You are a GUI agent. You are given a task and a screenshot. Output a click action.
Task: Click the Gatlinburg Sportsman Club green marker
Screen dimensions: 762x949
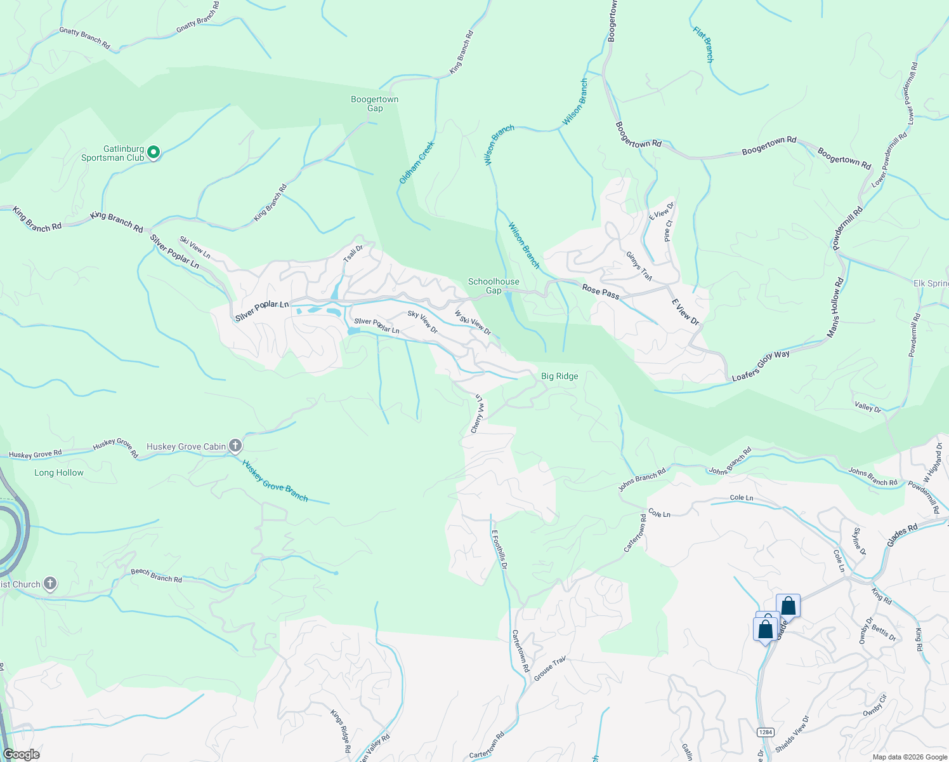coord(154,152)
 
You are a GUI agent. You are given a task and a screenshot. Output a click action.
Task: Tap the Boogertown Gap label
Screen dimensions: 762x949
coord(375,104)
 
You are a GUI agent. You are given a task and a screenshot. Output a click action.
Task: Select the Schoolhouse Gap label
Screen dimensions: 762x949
coord(494,286)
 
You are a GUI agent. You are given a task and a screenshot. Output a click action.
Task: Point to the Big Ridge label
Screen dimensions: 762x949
coord(560,376)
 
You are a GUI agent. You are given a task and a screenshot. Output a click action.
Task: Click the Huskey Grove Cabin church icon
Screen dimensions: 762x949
coord(235,446)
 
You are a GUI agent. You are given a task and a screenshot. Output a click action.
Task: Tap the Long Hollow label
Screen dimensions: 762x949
coord(59,472)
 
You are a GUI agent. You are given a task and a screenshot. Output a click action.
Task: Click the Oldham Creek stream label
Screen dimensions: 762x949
coord(417,163)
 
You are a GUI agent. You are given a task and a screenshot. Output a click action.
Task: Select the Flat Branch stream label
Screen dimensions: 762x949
coord(704,44)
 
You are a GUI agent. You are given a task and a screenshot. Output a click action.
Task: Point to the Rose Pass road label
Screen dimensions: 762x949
coord(601,291)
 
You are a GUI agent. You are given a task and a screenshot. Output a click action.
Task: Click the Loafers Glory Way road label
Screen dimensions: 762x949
coord(761,366)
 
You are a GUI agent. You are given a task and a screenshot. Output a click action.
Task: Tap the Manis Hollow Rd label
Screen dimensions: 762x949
coord(836,307)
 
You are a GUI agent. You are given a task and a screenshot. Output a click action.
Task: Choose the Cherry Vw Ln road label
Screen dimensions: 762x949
coord(477,414)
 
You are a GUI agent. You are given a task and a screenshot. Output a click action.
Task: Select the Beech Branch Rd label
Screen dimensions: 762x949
coord(156,575)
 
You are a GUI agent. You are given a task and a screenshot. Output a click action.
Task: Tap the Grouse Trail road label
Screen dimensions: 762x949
coord(549,669)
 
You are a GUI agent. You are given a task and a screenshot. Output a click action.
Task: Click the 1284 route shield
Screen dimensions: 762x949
coord(766,732)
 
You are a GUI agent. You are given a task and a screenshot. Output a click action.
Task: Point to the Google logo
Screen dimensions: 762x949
coord(21,754)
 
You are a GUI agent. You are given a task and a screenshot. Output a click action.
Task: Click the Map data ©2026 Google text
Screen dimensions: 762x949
coord(910,757)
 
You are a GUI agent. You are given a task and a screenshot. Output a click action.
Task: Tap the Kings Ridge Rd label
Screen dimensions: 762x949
coord(341,731)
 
